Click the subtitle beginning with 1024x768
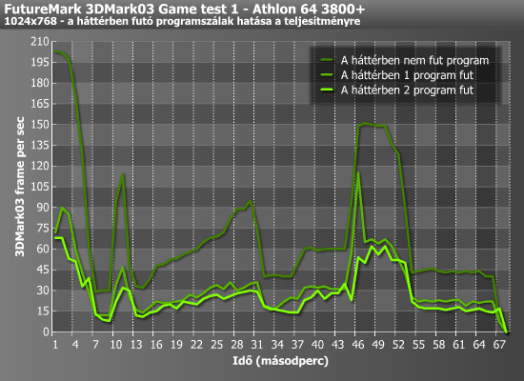point(182,21)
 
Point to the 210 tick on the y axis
point(40,42)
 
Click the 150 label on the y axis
point(40,125)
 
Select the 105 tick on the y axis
point(40,187)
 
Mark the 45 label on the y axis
point(43,270)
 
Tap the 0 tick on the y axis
point(46,331)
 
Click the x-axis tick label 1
point(55,344)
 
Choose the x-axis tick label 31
point(257,344)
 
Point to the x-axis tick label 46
point(358,344)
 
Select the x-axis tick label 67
point(499,344)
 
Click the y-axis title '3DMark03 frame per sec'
point(20,187)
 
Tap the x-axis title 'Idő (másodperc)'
point(280,361)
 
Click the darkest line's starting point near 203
point(55,51)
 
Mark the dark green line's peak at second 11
point(123,174)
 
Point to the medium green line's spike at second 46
point(358,172)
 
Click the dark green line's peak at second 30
point(251,201)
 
